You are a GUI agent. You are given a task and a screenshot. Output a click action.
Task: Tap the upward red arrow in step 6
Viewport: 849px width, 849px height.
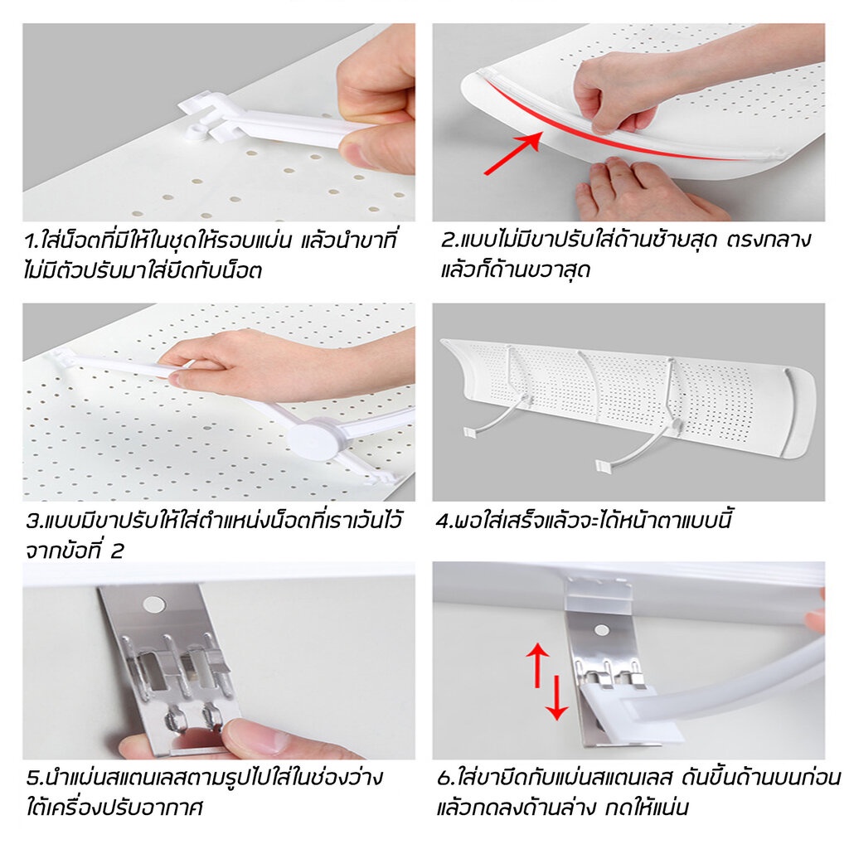click(x=537, y=665)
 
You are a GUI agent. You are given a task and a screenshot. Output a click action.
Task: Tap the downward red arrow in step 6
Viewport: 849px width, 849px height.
click(x=556, y=697)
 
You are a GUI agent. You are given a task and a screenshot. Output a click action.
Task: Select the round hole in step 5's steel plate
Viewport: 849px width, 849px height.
click(x=154, y=604)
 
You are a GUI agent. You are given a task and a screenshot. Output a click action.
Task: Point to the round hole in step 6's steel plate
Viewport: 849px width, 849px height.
click(x=602, y=631)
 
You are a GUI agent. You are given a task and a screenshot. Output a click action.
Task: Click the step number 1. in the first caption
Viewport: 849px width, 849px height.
click(x=32, y=241)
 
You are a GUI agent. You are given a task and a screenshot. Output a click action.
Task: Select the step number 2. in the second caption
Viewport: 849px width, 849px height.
click(x=449, y=240)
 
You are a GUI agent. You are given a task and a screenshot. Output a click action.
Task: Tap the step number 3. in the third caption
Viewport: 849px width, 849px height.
click(x=34, y=521)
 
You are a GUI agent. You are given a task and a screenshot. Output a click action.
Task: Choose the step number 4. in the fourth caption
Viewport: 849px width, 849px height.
click(x=445, y=521)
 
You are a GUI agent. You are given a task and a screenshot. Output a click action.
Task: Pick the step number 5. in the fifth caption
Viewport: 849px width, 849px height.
click(x=35, y=778)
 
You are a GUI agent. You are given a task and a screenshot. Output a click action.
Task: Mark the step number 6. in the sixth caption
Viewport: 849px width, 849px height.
click(x=445, y=778)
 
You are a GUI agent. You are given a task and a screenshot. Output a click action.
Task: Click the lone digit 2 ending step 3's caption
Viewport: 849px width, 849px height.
click(x=118, y=551)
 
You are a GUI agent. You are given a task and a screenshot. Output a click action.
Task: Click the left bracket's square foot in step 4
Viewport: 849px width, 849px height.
click(x=470, y=431)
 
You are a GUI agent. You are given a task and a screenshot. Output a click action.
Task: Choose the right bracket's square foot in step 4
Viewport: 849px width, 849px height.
click(x=604, y=465)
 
